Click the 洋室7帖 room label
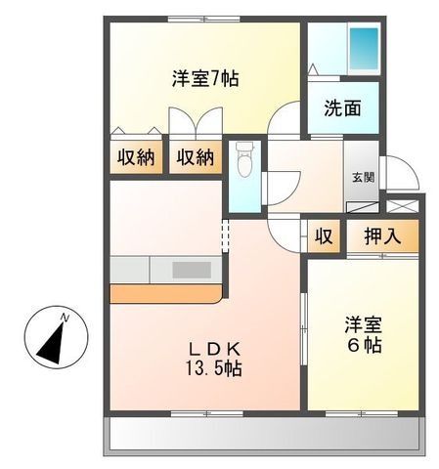205,79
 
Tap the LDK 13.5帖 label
214,360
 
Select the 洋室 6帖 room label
364,334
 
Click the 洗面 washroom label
342,108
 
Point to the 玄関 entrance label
363,178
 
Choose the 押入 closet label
382,235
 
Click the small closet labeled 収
324,235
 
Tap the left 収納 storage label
136,158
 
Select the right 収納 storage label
196,158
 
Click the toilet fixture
244,159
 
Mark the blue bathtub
364,49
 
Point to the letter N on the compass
66,318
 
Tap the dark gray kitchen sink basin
192,270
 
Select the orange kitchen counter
166,294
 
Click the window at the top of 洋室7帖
204,19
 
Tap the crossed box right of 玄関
402,206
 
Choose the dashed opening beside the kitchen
226,235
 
